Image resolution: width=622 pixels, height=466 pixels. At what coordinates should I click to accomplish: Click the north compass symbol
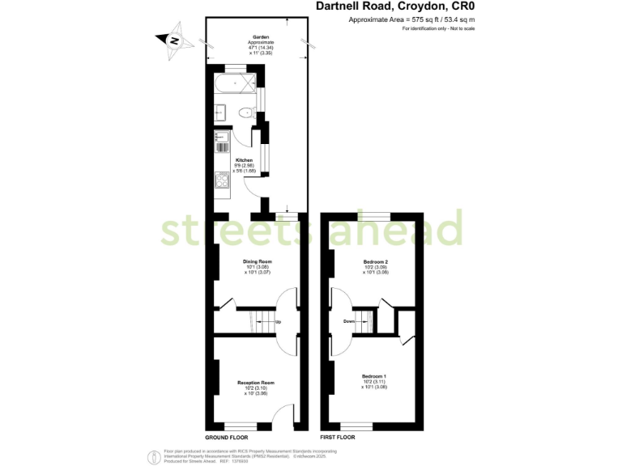tap(173, 39)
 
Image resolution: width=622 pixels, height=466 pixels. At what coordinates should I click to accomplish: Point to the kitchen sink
tap(219, 143)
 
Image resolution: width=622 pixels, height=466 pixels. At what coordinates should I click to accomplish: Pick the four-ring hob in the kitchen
tap(219, 180)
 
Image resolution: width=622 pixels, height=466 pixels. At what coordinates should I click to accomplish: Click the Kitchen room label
tap(244, 160)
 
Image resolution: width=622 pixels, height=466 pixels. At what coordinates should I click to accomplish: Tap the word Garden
tap(260, 38)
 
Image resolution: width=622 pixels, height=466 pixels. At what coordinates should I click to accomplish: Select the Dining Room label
tap(258, 262)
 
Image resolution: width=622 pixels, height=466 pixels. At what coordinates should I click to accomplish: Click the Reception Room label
tap(256, 382)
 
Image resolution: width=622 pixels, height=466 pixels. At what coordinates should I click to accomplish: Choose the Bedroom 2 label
tap(376, 262)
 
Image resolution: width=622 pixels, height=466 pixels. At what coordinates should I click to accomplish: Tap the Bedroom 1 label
tap(374, 377)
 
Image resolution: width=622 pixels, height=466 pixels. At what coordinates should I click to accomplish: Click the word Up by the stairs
tap(279, 322)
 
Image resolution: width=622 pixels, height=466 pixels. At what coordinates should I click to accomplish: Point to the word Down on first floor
tap(349, 321)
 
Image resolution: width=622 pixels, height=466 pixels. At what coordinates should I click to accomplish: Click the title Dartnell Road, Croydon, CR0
tap(383, 6)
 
